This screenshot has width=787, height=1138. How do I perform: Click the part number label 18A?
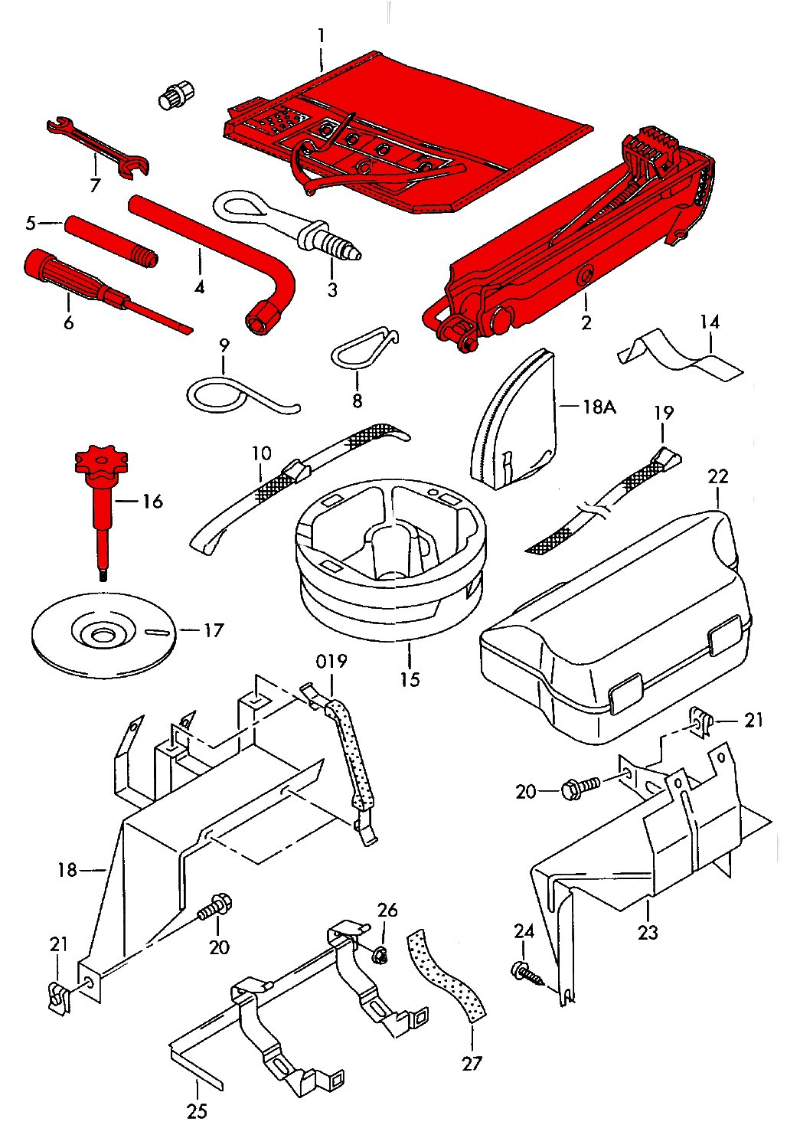coord(599,406)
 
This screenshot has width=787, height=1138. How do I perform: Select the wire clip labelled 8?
coord(363,348)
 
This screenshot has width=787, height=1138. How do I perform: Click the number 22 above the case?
coord(717,476)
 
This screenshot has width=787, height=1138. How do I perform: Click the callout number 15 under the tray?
coord(410,679)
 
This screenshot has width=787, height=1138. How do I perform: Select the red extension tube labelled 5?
coord(111,240)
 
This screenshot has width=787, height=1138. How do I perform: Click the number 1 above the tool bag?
coord(322,35)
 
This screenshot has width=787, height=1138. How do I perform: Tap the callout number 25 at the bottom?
coord(197,1110)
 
